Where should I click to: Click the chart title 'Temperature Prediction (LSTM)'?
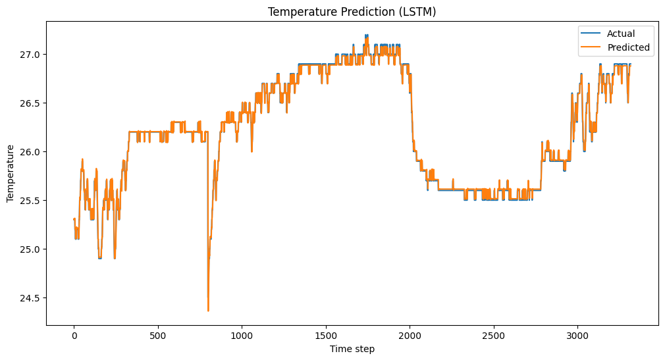pos(352,11)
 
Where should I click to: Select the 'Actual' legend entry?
pos(621,33)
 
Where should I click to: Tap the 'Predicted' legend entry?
pos(628,47)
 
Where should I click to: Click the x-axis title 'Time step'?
pos(352,349)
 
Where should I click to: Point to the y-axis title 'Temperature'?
pos(11,173)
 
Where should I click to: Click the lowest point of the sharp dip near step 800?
pos(208,310)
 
